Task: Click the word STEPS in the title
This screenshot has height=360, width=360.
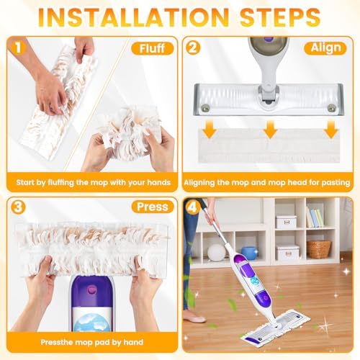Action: pos(280,17)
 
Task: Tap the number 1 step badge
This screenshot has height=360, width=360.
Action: pos(18,48)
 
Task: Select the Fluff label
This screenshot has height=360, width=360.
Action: pos(152,48)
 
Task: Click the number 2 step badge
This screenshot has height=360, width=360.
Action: pos(193,48)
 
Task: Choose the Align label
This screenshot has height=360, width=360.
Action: pos(325,48)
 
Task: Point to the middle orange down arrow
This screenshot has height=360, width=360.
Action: pos(270,130)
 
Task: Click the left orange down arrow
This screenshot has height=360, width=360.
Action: pos(210,130)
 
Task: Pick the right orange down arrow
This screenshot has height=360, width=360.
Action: pos(331,130)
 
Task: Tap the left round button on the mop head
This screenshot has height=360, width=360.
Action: pos(205,109)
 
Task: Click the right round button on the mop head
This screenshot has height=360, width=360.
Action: pos(332,109)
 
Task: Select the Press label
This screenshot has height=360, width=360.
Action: pos(153,207)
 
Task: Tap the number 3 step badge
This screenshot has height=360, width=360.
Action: pos(18,207)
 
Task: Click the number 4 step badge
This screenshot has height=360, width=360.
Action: pos(193,207)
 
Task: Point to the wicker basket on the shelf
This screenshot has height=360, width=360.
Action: pos(319,249)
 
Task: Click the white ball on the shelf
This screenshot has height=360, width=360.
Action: pos(216,253)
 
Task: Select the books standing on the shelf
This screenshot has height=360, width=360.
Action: pos(315,218)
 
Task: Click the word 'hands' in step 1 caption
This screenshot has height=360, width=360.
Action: pos(158,183)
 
